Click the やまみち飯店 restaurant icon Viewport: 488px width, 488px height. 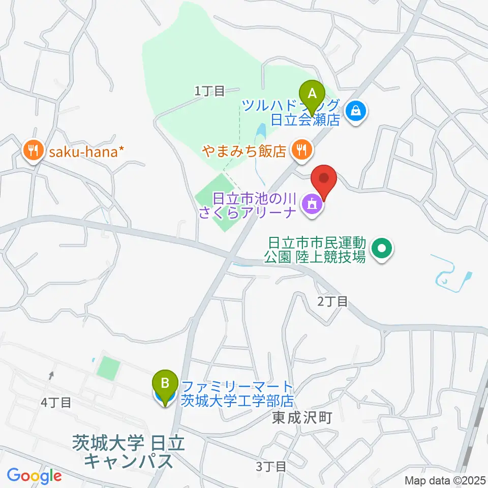click(x=302, y=149)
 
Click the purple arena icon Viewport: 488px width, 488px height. click(x=312, y=205)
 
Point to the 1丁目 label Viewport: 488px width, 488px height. click(x=209, y=91)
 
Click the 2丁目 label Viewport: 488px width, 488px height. click(x=332, y=301)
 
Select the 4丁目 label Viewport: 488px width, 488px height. click(x=56, y=403)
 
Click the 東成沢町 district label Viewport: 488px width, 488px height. click(x=302, y=418)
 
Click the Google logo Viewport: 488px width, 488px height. click(x=34, y=476)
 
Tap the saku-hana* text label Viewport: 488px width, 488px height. click(x=85, y=151)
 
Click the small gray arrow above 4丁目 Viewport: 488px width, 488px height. click(x=51, y=376)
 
